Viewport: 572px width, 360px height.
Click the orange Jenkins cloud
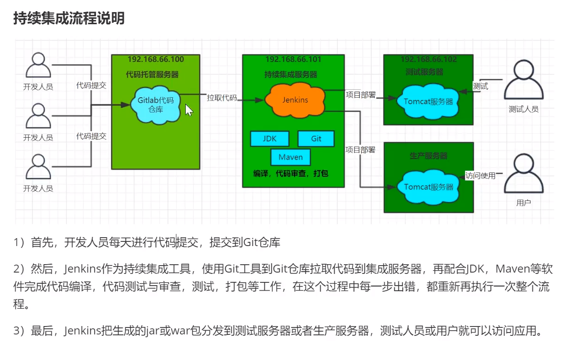tap(295, 100)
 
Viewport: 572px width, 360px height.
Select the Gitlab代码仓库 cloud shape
tap(156, 105)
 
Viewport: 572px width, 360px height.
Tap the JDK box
tap(269, 139)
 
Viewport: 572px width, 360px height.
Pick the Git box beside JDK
tap(316, 139)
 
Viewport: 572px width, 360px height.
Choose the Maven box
tap(290, 157)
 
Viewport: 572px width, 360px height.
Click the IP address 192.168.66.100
tap(155, 60)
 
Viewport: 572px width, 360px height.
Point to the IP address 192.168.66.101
tap(293, 60)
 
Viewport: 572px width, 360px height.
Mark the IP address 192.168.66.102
tap(429, 60)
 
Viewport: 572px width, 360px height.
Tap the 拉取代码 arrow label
tap(222, 98)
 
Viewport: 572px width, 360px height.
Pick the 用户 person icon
tap(524, 176)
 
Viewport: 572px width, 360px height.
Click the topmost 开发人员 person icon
tap(38, 66)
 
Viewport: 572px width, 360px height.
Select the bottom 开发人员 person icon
tap(38, 167)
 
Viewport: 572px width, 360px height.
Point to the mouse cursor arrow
tap(188, 110)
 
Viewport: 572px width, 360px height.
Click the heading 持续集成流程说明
tap(69, 19)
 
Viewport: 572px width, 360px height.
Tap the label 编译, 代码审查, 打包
tap(291, 173)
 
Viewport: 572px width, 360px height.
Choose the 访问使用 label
tap(480, 176)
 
